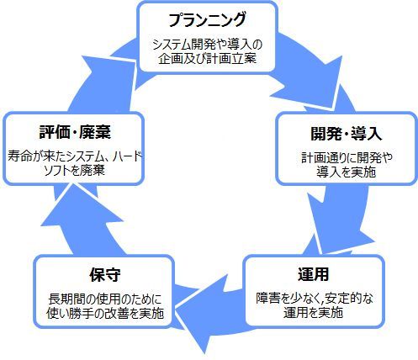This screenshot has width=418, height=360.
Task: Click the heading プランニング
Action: point(207,19)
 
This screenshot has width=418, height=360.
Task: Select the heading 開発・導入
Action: point(347,133)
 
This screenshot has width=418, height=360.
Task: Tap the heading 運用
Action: point(313,274)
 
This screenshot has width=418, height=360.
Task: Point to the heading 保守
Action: point(105,274)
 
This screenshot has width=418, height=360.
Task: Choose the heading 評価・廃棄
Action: point(75,132)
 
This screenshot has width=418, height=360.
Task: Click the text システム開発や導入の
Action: point(207,45)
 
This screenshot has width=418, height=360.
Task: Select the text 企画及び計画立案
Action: point(207,59)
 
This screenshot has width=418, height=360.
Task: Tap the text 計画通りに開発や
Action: point(347,157)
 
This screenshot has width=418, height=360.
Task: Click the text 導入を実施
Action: point(347,172)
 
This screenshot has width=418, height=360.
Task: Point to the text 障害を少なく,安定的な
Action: point(315,299)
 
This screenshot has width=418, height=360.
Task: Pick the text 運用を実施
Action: point(313,312)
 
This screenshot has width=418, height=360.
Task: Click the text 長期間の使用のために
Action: point(105,299)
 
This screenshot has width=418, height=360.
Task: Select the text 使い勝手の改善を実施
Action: point(105,313)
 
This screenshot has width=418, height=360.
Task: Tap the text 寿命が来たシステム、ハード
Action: point(75,156)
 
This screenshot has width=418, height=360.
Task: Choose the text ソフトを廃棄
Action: point(75,170)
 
